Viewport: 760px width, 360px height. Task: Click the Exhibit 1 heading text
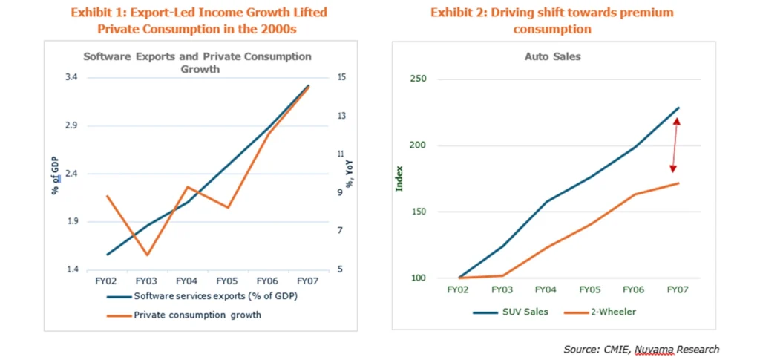pos(198,21)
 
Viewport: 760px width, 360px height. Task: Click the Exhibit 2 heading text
pos(552,21)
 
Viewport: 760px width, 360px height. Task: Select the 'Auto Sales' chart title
pos(552,56)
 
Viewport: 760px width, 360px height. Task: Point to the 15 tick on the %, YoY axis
pos(341,77)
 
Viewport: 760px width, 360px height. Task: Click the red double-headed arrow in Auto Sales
pos(675,145)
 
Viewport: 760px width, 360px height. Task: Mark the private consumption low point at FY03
pos(147,255)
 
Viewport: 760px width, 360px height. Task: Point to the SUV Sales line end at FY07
pos(678,108)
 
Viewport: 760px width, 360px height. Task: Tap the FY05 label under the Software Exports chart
pos(227,281)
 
